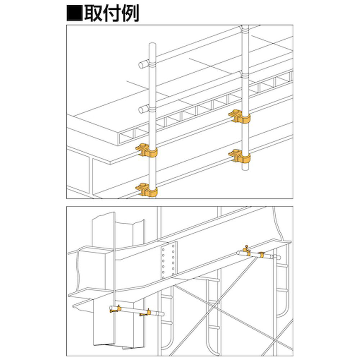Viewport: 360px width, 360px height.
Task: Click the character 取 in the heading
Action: click(x=93, y=13)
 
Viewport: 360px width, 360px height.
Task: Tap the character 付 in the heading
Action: click(x=111, y=13)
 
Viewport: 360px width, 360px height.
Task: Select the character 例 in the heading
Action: click(x=130, y=13)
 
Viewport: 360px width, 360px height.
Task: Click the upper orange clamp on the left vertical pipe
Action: click(x=147, y=150)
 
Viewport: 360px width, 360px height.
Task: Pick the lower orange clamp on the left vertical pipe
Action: click(x=147, y=190)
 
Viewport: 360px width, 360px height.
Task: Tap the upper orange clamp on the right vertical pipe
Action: click(x=239, y=116)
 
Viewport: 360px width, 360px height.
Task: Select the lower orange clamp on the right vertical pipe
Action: click(x=239, y=156)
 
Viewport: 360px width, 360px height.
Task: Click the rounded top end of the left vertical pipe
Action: click(x=152, y=44)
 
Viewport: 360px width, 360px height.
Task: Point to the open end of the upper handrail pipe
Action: click(x=141, y=65)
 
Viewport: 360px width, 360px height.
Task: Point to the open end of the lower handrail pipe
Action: click(x=141, y=109)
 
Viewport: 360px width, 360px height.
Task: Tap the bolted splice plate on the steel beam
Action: click(x=168, y=261)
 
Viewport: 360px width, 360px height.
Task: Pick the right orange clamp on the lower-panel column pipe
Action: click(x=145, y=313)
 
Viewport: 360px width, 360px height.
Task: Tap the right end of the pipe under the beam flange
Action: click(x=279, y=258)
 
